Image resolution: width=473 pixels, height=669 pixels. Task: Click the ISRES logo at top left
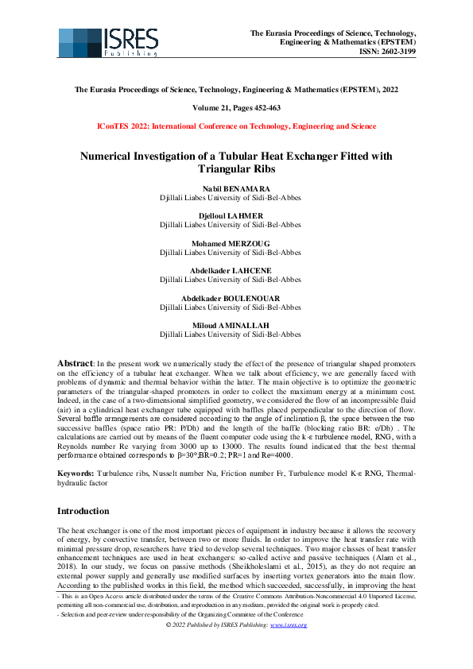tap(108, 42)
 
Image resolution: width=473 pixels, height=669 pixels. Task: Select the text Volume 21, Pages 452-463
tap(236, 107)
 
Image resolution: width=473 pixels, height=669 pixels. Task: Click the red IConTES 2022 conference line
tap(236, 126)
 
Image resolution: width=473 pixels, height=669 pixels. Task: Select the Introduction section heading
tap(89, 511)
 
